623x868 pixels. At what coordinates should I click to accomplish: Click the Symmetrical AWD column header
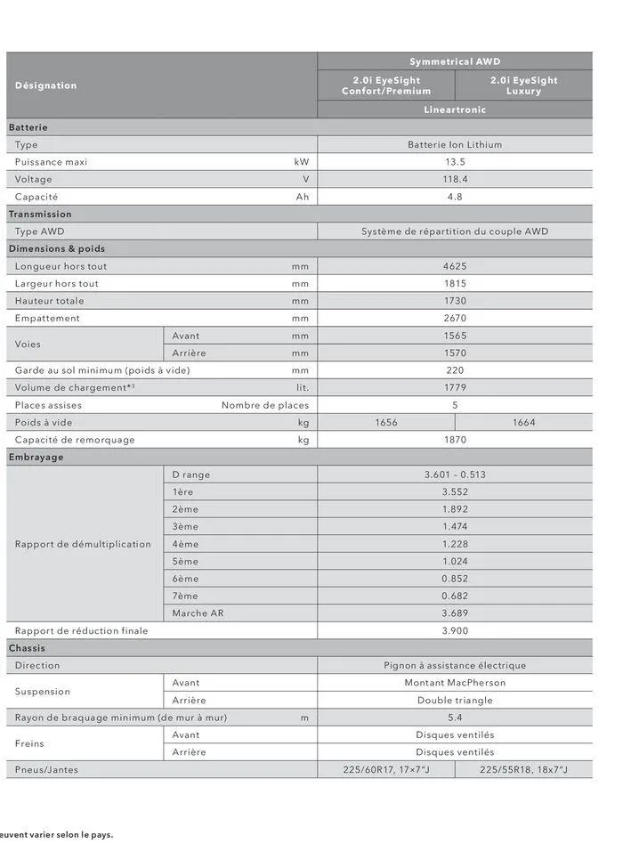(455, 61)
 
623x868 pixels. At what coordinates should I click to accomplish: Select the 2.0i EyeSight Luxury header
(523, 85)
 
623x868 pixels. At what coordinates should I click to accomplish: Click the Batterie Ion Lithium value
(455, 144)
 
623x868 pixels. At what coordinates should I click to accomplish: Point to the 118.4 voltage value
(455, 179)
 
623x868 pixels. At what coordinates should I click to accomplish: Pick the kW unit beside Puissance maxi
(302, 162)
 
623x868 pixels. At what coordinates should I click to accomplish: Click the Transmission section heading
(40, 214)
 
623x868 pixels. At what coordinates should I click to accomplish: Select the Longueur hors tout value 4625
(455, 266)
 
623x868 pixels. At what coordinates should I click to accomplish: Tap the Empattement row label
(47, 318)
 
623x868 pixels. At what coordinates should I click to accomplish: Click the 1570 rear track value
(455, 353)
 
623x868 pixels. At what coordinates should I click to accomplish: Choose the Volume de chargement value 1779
(455, 387)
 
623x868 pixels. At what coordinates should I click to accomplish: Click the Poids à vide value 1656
(385, 422)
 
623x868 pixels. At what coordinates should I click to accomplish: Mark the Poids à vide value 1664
(523, 422)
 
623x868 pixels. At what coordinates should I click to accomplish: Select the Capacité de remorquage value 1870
(455, 440)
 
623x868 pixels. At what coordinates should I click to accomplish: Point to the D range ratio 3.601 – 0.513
(455, 475)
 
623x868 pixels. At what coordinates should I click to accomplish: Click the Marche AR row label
(198, 613)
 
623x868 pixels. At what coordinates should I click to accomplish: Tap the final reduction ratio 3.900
(455, 630)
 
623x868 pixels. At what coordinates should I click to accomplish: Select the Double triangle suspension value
(455, 700)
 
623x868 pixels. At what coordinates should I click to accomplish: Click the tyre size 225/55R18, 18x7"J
(523, 769)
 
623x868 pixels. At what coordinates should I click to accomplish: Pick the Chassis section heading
(27, 648)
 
